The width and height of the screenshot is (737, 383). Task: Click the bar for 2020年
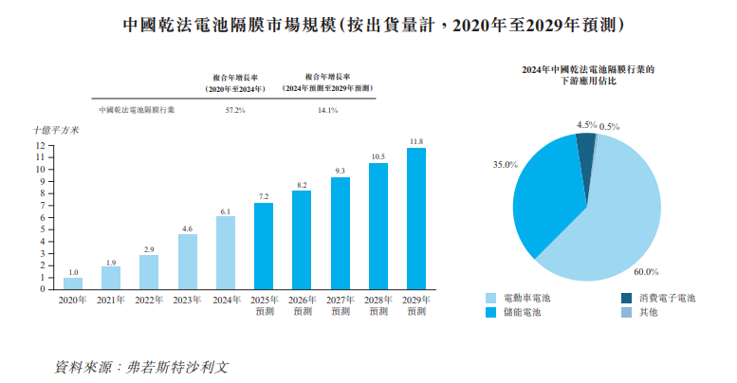(73, 283)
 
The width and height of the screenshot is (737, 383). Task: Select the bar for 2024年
(225, 252)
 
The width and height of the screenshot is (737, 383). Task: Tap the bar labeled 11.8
(415, 218)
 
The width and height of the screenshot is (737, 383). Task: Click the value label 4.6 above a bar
(187, 228)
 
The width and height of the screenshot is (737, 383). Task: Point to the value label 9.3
(340, 171)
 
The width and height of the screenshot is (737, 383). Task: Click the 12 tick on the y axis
(41, 145)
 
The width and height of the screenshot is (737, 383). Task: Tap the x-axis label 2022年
(149, 300)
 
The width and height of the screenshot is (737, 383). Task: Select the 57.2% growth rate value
(235, 110)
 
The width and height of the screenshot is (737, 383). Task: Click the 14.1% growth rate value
(327, 110)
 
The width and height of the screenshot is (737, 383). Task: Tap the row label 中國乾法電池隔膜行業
(136, 110)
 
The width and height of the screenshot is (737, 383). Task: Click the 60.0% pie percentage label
(646, 271)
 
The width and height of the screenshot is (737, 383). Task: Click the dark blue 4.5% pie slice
(586, 142)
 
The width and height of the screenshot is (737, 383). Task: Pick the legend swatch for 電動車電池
(490, 298)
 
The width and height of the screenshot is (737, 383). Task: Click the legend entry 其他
(647, 312)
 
